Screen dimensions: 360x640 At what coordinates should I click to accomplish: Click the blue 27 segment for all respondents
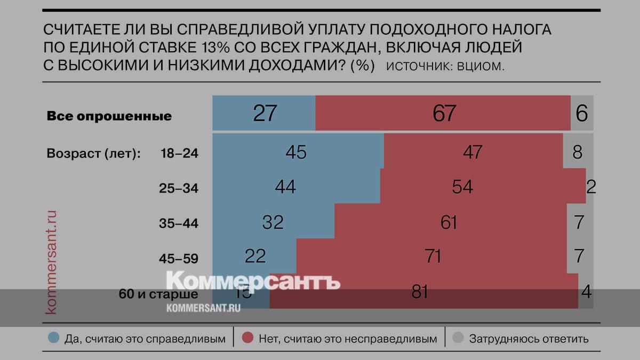pyautogui.click(x=264, y=113)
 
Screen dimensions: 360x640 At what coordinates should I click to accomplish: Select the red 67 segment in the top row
pyautogui.click(x=443, y=113)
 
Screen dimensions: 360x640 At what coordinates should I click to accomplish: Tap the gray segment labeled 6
pyautogui.click(x=582, y=113)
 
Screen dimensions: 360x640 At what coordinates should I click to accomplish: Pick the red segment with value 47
pyautogui.click(x=473, y=152)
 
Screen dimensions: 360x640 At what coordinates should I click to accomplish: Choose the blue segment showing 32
pyautogui.click(x=273, y=222)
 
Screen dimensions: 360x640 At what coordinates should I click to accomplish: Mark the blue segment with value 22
pyautogui.click(x=255, y=257)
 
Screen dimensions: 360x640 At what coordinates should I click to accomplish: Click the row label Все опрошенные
pyautogui.click(x=109, y=116)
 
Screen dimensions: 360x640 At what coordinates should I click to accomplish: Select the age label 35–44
pyautogui.click(x=179, y=223)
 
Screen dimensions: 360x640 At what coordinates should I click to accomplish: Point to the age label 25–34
pyautogui.click(x=179, y=188)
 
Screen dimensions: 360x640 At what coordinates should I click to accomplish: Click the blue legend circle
pyautogui.click(x=53, y=338)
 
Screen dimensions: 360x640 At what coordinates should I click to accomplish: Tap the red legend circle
pyautogui.click(x=247, y=338)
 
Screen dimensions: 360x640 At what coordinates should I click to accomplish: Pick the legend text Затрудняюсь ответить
pyautogui.click(x=529, y=339)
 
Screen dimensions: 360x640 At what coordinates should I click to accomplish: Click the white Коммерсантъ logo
pyautogui.click(x=253, y=282)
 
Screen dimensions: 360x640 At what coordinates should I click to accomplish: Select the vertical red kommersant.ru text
pyautogui.click(x=52, y=261)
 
